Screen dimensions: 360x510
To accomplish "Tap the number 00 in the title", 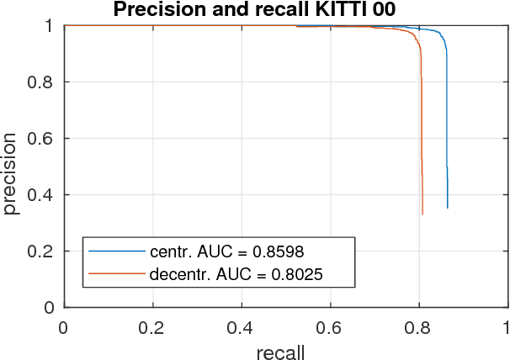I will tap(379, 10).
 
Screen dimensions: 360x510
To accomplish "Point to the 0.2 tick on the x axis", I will tap(152, 326).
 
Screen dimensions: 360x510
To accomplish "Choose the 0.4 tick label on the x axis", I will tap(242, 326).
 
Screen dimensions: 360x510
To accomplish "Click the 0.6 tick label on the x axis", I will tap(330, 326).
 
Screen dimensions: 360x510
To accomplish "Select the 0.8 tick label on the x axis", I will tap(419, 326).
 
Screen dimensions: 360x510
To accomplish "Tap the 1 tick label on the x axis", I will tap(507, 326).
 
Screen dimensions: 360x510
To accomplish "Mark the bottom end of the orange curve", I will tap(422, 214).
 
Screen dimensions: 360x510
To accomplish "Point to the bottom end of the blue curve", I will tap(448, 208).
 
